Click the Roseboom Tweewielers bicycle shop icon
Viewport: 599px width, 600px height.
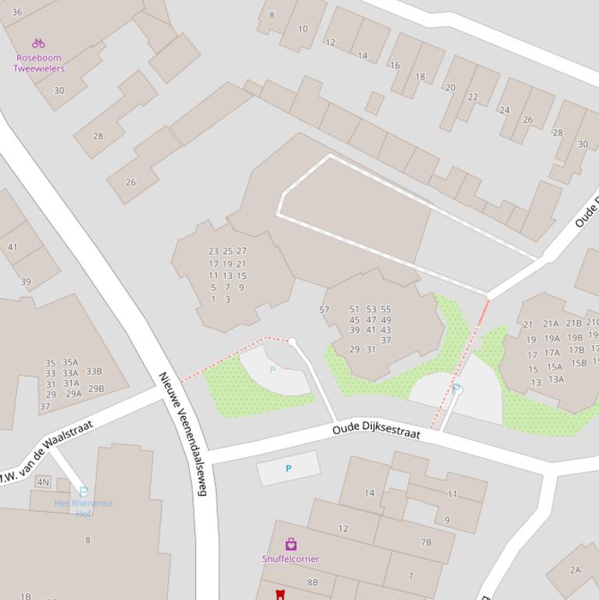click(38, 44)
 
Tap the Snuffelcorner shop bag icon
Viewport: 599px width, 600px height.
click(291, 544)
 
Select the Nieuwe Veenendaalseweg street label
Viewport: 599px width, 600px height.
click(184, 433)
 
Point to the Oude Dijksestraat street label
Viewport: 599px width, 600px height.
click(376, 430)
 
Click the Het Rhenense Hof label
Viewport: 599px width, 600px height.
click(83, 508)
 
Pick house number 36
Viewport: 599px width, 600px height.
click(17, 12)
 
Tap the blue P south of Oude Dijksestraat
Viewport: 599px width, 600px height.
click(288, 468)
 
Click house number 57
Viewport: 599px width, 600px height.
click(325, 310)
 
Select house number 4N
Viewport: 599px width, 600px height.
click(44, 482)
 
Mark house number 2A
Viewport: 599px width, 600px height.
click(575, 570)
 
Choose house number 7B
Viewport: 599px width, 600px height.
click(426, 542)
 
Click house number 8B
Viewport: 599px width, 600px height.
click(312, 582)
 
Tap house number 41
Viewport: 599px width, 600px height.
click(12, 248)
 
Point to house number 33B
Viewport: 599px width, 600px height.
click(94, 372)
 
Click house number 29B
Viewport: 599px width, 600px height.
click(96, 389)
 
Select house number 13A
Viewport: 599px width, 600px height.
click(555, 379)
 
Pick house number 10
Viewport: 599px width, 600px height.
click(302, 29)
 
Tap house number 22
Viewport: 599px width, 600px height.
click(473, 97)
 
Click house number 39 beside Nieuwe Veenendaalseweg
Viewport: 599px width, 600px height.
click(26, 282)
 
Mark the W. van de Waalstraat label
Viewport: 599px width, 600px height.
click(47, 453)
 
